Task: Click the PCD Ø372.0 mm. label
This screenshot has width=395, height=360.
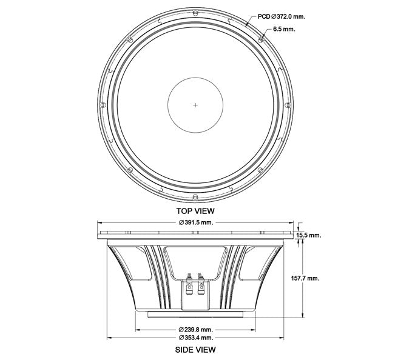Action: pos(281,17)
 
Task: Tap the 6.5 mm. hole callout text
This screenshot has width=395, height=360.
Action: pos(284,29)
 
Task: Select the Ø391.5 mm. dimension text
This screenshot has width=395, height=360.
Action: pos(196,222)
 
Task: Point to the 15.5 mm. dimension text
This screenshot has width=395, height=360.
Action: pos(309,235)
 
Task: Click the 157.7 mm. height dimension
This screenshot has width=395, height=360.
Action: pos(305,278)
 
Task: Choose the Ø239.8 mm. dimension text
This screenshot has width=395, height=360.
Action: pos(196,329)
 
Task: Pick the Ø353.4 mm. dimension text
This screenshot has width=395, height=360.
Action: pos(196,338)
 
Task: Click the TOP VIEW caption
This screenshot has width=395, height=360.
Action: pos(195,211)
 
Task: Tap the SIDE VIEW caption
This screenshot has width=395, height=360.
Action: pos(195,350)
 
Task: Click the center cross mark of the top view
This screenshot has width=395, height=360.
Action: pos(195,105)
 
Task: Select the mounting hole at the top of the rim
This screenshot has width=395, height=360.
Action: pos(195,13)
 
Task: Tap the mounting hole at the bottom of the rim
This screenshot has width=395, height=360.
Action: pos(195,197)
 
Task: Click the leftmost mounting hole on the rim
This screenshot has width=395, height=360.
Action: pos(103,105)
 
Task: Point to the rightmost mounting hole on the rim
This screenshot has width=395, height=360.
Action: pos(288,105)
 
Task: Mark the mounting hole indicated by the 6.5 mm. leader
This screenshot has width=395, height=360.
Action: pos(261,40)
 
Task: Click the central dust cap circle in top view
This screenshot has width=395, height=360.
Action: pos(195,105)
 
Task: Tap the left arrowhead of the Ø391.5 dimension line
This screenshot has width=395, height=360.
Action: pos(100,222)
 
